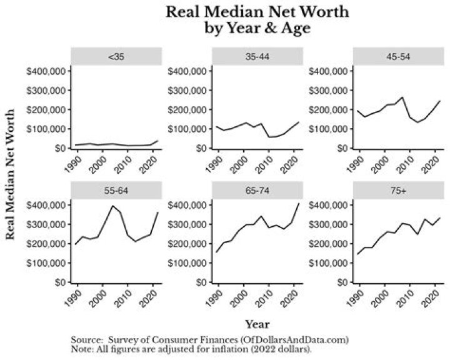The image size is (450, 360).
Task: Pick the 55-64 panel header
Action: (116, 189)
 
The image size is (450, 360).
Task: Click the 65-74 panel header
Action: (257, 189)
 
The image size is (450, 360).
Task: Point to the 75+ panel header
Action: (399, 189)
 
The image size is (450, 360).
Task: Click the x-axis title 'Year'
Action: (257, 324)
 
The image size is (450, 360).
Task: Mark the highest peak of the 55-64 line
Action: (112, 206)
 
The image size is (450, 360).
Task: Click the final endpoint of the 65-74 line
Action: (299, 203)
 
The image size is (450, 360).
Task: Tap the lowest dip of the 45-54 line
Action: (400, 122)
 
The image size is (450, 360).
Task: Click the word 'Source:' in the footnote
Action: (86, 339)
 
